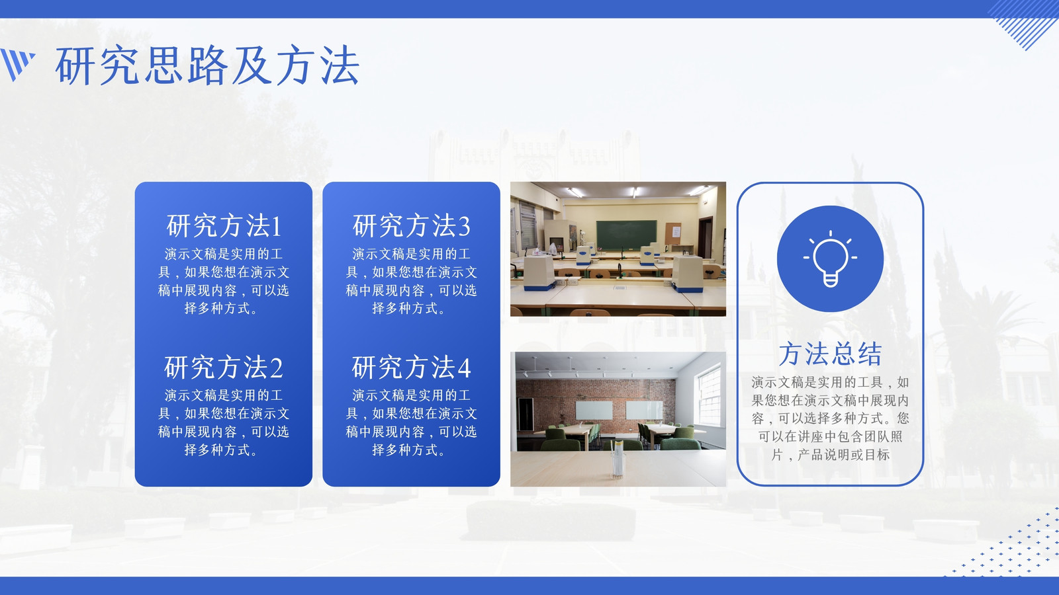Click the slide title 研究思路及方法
coord(207,65)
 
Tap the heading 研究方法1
coord(224,225)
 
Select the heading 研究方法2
coord(224,368)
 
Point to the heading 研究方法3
coord(411,225)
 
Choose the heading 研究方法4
coord(411,368)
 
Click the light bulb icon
coord(830,258)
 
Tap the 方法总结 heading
coord(830,354)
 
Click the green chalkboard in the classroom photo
coord(626,235)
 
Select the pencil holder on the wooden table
coord(617,459)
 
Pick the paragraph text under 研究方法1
coord(224,281)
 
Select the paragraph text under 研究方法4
coord(411,422)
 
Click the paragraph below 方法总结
coord(830,418)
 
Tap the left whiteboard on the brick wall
coord(594,410)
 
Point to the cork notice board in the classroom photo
coord(673,234)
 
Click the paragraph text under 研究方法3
coord(411,281)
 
